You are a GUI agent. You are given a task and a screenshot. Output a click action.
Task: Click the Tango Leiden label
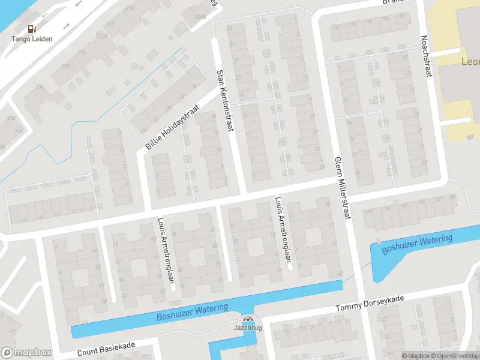(x=32, y=39)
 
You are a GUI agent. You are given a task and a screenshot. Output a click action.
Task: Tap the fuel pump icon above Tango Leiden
(x=32, y=29)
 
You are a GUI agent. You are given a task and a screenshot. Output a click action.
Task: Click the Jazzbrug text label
(x=247, y=329)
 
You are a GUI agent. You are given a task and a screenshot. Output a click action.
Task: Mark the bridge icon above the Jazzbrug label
(x=247, y=320)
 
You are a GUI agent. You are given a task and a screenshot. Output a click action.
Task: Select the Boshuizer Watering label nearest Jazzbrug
(x=192, y=312)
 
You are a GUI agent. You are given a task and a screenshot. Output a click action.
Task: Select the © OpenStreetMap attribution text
(x=457, y=356)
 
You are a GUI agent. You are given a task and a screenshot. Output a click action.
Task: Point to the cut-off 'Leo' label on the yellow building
(x=469, y=62)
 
